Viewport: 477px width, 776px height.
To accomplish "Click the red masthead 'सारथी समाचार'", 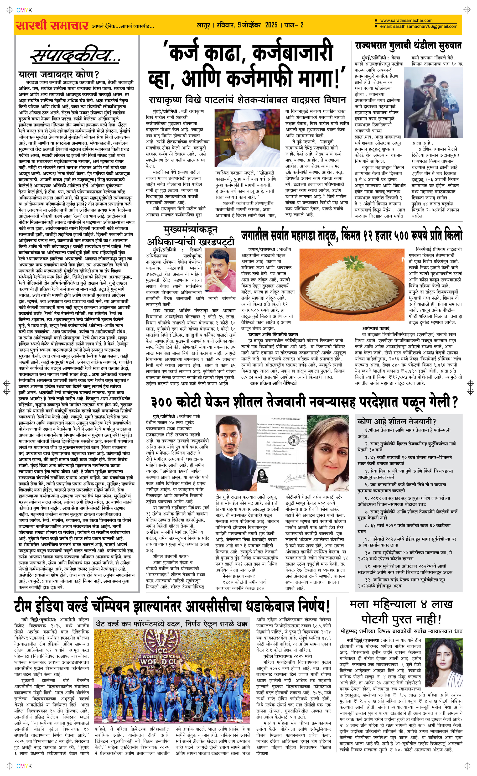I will tap(52, 25).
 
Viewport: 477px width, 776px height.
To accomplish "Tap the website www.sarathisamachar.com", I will tap(406, 21).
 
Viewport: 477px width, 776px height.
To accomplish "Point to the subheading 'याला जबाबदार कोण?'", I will tap(58, 75).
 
